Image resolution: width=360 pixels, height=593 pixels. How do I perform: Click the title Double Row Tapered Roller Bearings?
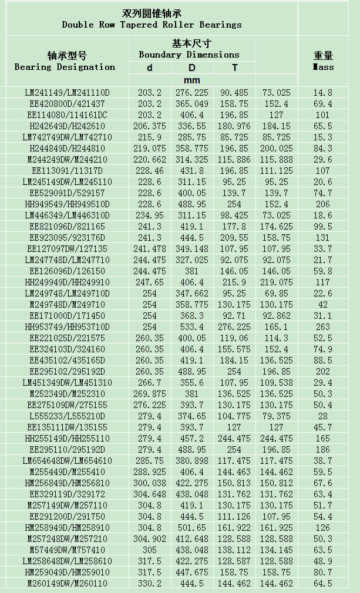click(x=152, y=25)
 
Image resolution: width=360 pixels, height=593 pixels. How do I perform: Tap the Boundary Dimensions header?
click(x=189, y=55)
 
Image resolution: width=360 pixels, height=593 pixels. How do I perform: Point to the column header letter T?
click(x=234, y=68)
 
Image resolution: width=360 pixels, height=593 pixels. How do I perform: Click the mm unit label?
click(x=192, y=80)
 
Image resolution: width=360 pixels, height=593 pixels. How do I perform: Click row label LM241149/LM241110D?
click(x=67, y=93)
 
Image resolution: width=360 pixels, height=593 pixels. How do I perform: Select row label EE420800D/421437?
click(x=67, y=104)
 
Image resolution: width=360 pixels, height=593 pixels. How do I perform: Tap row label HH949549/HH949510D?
click(x=67, y=204)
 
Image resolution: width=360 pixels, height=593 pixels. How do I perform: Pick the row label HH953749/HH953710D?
click(x=67, y=327)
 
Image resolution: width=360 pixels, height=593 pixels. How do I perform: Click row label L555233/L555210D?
click(x=67, y=416)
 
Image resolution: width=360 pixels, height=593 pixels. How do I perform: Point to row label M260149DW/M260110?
click(x=67, y=584)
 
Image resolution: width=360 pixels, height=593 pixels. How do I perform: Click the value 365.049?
click(x=192, y=104)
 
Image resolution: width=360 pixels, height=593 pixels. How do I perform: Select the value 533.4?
click(x=192, y=327)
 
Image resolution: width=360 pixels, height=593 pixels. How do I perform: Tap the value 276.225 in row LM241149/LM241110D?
click(x=192, y=93)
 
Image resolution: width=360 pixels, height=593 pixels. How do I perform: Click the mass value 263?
click(x=323, y=327)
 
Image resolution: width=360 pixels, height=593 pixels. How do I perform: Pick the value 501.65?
click(x=192, y=528)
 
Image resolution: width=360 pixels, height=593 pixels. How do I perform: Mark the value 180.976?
click(x=234, y=126)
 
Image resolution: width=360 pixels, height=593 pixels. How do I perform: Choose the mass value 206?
click(x=323, y=204)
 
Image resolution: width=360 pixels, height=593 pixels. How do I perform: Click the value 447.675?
click(x=192, y=572)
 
